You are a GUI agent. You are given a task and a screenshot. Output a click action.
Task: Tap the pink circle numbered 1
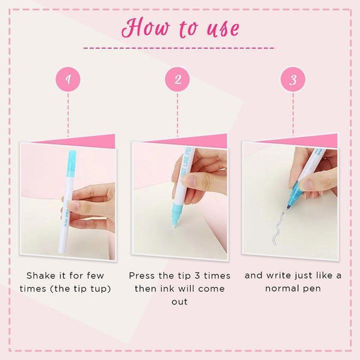pyautogui.click(x=68, y=79)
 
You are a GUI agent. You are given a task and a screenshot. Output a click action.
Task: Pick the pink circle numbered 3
pyautogui.click(x=292, y=79)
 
